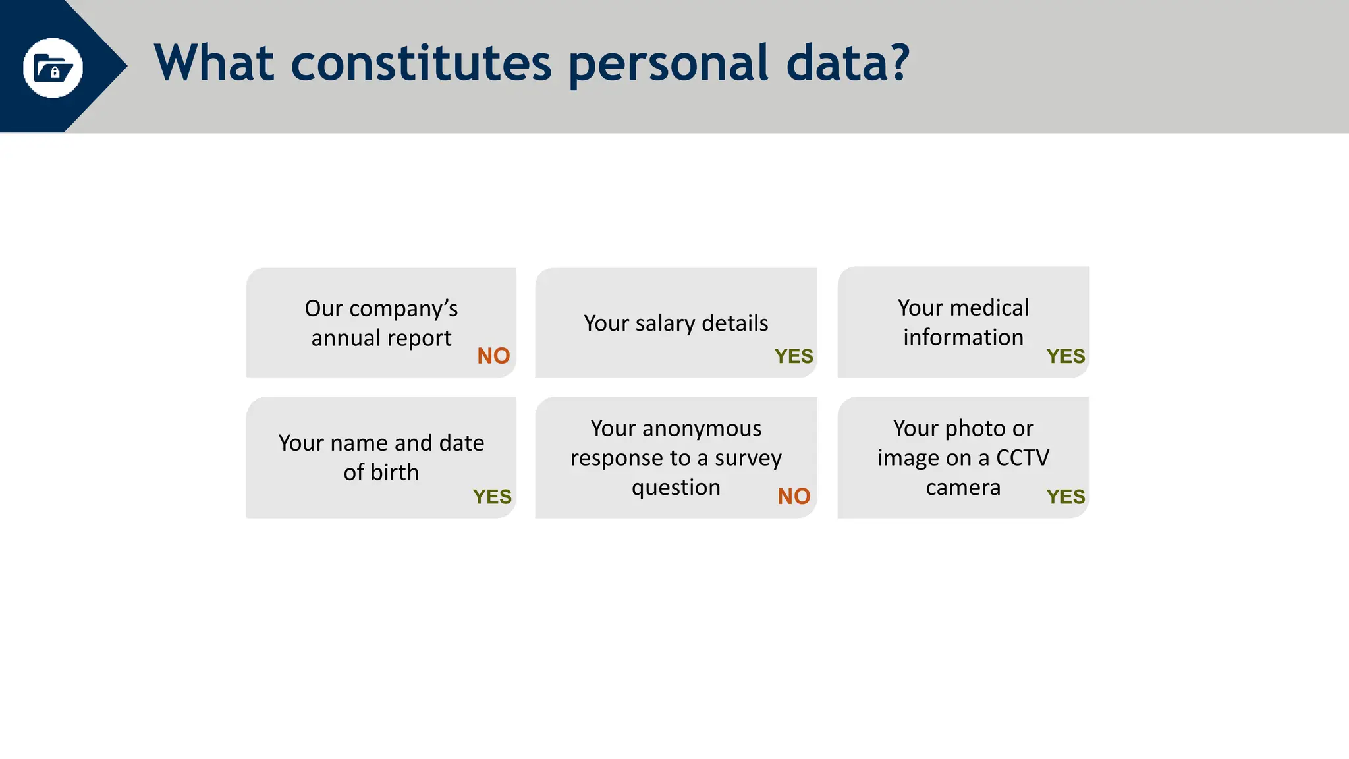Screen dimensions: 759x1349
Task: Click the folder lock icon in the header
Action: click(53, 68)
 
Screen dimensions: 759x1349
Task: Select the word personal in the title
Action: click(668, 65)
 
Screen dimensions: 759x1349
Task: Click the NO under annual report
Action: click(493, 356)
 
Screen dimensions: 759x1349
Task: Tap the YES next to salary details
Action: click(794, 356)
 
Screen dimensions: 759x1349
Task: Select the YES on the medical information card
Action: click(1065, 356)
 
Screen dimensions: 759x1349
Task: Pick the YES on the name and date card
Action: click(492, 497)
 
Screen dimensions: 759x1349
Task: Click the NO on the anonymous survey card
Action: click(794, 496)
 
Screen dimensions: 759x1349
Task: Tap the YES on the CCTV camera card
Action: click(1065, 497)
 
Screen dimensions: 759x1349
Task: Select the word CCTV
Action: click(1022, 457)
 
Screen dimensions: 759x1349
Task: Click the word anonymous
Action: click(702, 428)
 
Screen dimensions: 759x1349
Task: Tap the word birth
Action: click(394, 472)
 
